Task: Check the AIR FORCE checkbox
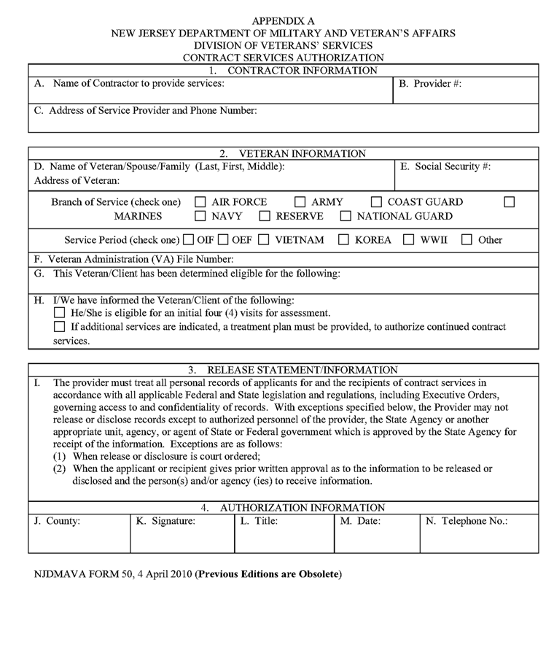[200, 202]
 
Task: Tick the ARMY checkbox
[300, 202]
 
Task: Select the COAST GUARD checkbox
[376, 202]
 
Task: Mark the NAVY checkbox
[200, 217]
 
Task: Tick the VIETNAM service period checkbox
[263, 239]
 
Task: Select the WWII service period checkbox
[409, 239]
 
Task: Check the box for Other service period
[467, 239]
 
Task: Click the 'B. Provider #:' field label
[430, 84]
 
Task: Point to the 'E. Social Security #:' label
[445, 166]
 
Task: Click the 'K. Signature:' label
[165, 522]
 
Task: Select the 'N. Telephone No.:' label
[467, 522]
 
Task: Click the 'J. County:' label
[57, 522]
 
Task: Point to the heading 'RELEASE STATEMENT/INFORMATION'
[303, 370]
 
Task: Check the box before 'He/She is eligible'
[60, 313]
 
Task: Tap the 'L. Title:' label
[259, 522]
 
